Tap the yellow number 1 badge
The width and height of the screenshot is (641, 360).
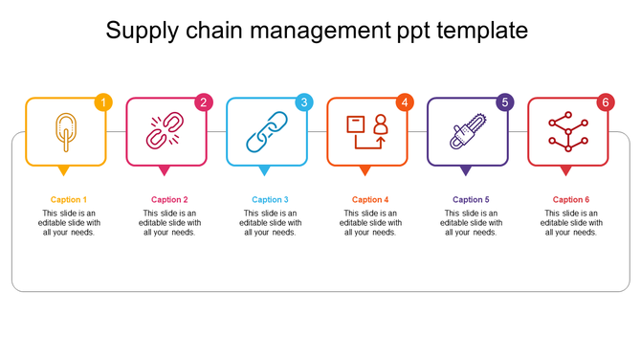(103, 102)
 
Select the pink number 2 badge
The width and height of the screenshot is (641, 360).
(203, 102)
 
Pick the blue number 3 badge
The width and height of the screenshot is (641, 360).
(303, 102)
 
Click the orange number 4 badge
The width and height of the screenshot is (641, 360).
(405, 102)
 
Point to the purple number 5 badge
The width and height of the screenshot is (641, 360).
(505, 102)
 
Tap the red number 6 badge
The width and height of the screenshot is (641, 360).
(605, 102)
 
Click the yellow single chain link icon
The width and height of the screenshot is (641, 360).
(64, 132)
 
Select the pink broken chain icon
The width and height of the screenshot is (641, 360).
(164, 132)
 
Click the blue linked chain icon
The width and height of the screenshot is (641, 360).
(264, 132)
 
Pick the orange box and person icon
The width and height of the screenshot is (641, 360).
(365, 132)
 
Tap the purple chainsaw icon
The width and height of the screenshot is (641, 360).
(466, 132)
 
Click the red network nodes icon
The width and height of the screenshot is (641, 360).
(565, 132)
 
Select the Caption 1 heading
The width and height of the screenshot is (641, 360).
(69, 199)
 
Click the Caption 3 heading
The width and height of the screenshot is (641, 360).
(270, 199)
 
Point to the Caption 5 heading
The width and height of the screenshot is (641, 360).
(471, 199)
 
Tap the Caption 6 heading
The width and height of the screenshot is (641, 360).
(571, 199)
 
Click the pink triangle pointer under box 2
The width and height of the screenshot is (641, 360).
(164, 171)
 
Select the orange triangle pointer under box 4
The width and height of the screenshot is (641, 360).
(365, 171)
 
